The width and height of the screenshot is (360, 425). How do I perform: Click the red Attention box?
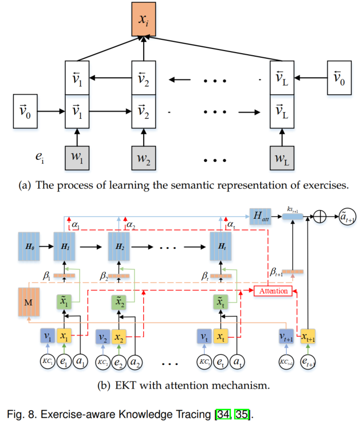tap(274, 291)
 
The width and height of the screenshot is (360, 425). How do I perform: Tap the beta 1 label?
tap(48, 276)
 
